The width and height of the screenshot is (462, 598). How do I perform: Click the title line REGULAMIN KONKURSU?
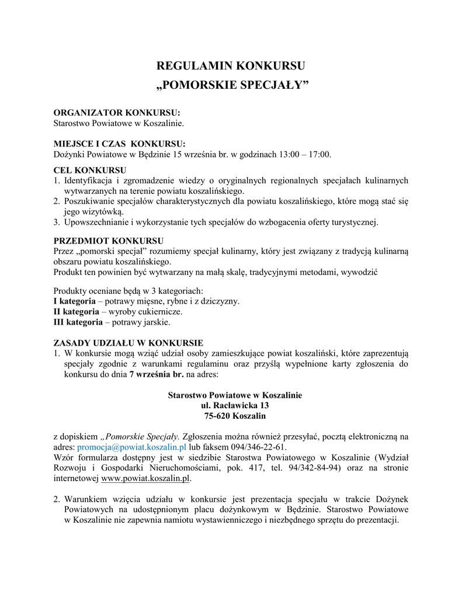231,65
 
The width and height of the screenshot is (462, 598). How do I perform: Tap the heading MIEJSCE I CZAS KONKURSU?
120,144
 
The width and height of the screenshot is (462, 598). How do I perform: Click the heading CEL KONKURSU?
89,170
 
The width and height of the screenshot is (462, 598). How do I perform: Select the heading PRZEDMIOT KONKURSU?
109,241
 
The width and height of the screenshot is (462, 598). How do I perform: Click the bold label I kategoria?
74,301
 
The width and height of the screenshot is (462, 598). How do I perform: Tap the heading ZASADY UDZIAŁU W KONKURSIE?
128,343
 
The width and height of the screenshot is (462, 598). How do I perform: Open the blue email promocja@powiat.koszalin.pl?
131,447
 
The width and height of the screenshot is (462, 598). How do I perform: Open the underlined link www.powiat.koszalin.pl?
146,478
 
